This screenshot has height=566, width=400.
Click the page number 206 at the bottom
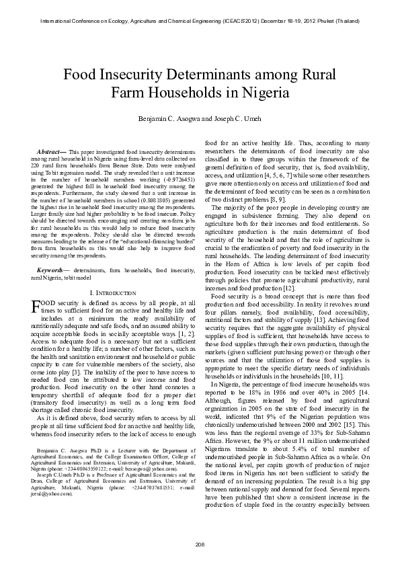coord(200,543)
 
